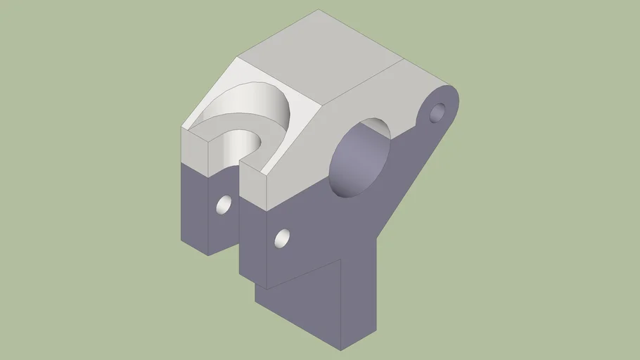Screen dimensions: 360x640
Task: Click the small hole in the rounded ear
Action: (437, 112)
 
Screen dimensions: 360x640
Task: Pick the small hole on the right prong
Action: (283, 238)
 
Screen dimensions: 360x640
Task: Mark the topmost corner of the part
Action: (318, 10)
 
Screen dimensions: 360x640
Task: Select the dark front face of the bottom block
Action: (299, 309)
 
